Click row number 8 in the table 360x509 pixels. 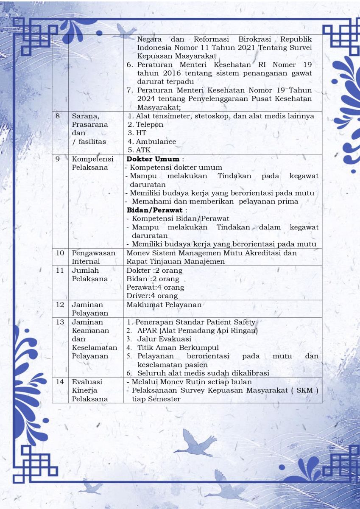pos(58,116)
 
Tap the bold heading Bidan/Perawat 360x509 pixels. pos(155,210)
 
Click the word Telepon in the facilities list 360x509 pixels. pos(149,125)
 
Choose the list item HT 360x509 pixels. pos(141,133)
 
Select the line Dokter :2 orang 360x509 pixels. pos(154,270)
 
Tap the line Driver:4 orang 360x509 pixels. pos(152,296)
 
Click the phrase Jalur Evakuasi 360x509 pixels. pos(164,339)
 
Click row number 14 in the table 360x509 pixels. pos(60,382)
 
